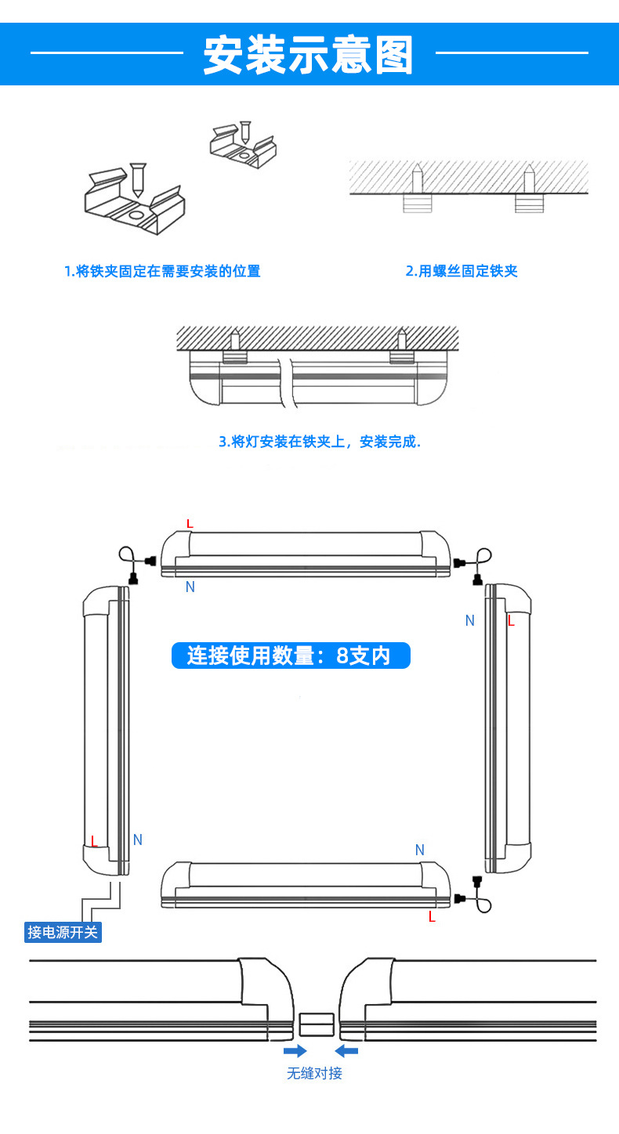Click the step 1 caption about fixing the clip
[x=162, y=271]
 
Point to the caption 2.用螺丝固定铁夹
[x=462, y=271]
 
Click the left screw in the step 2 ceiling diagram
[x=418, y=179]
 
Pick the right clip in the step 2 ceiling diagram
[x=529, y=203]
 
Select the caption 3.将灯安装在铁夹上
[x=319, y=442]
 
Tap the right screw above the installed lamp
[x=402, y=340]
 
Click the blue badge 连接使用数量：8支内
[x=291, y=655]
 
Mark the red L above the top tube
[x=189, y=523]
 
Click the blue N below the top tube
[x=190, y=587]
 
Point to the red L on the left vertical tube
[x=94, y=842]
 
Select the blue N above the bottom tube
[x=419, y=850]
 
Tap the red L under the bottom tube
[x=432, y=916]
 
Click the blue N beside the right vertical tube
[x=470, y=620]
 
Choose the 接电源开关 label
[x=63, y=932]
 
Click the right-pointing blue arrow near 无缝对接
[x=295, y=1050]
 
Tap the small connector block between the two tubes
[x=317, y=1025]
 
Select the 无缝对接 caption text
[x=314, y=1073]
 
